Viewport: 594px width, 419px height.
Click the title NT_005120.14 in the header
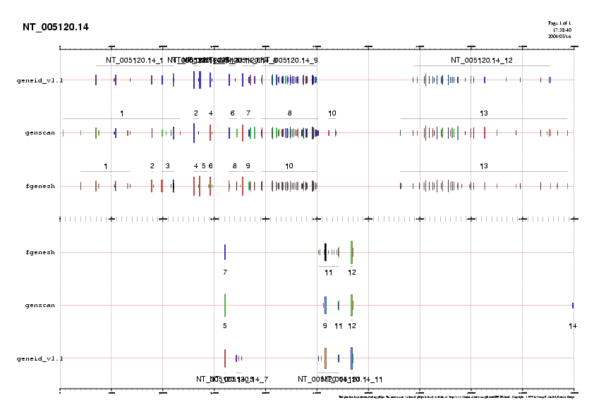point(56,27)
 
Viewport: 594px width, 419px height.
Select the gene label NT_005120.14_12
point(481,61)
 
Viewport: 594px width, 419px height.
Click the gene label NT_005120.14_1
point(134,61)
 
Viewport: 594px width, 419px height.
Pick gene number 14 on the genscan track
point(573,325)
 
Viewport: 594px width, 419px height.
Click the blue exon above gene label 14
point(573,305)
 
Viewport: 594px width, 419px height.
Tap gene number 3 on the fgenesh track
point(167,166)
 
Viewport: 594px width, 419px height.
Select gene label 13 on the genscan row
point(484,113)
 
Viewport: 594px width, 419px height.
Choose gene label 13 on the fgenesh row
point(484,166)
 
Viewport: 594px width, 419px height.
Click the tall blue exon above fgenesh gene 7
point(225,252)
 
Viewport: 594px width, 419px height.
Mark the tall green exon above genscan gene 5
point(225,305)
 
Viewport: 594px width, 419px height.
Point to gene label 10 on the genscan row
point(332,113)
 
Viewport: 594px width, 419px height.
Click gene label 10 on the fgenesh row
point(289,166)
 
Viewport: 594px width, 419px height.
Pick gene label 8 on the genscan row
point(289,113)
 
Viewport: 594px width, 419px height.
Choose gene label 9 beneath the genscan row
point(325,325)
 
